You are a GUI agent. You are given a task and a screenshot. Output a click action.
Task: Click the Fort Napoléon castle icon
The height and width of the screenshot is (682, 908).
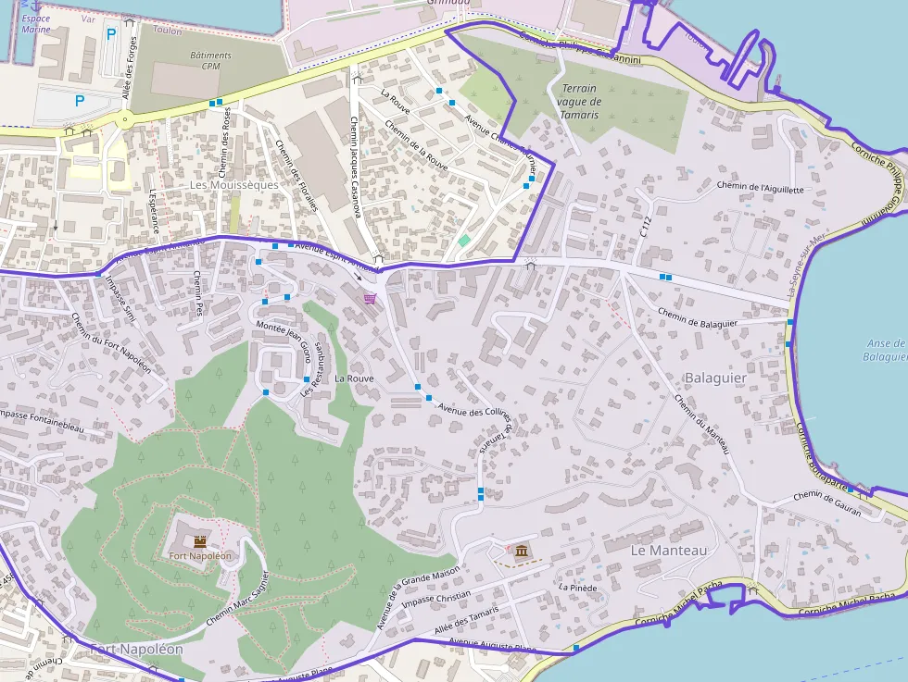(200, 540)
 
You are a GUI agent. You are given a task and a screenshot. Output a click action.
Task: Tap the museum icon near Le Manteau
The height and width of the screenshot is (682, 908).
(523, 552)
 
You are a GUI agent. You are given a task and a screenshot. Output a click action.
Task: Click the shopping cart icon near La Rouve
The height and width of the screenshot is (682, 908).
(371, 298)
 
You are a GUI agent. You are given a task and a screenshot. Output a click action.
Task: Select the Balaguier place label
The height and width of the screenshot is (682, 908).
(715, 378)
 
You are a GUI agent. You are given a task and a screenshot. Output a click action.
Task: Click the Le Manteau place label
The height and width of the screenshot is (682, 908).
(668, 550)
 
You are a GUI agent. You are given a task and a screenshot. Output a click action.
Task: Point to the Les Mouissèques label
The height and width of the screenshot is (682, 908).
(233, 184)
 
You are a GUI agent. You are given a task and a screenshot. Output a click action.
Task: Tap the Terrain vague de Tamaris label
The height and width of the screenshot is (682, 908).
(579, 102)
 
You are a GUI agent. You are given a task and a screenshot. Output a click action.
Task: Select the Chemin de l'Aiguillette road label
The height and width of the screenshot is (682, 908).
(761, 187)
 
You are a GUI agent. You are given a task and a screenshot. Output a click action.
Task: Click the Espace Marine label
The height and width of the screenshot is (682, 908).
(35, 24)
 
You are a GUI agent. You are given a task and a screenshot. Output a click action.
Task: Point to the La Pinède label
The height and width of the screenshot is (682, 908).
(577, 588)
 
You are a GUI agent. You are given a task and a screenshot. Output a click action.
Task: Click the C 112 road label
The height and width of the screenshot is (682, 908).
(646, 228)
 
